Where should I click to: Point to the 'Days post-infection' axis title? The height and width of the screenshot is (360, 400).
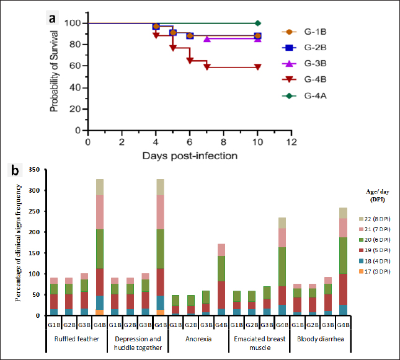pyautogui.click(x=188, y=155)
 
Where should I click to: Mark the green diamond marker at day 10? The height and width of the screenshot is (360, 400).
pyautogui.click(x=257, y=23)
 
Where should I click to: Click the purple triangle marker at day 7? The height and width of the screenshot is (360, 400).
pyautogui.click(x=207, y=38)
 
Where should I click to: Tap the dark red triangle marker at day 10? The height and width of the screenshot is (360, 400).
pyautogui.click(x=257, y=67)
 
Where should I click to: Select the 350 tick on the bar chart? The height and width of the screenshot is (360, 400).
pyautogui.click(x=35, y=170)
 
